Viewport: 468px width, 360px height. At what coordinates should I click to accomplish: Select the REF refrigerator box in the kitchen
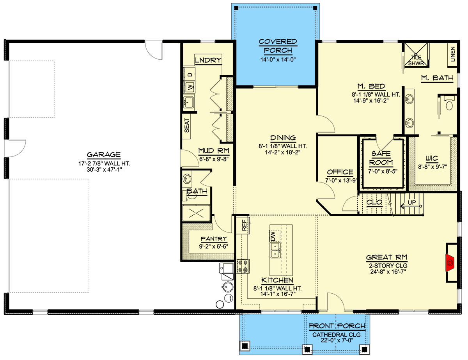click(244, 225)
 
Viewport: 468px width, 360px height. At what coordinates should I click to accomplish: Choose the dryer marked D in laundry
click(190, 74)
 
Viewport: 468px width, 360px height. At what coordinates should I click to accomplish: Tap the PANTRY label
click(214, 239)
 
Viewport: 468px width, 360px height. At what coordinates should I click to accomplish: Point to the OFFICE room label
click(340, 172)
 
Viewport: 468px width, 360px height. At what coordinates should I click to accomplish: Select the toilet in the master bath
click(449, 105)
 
